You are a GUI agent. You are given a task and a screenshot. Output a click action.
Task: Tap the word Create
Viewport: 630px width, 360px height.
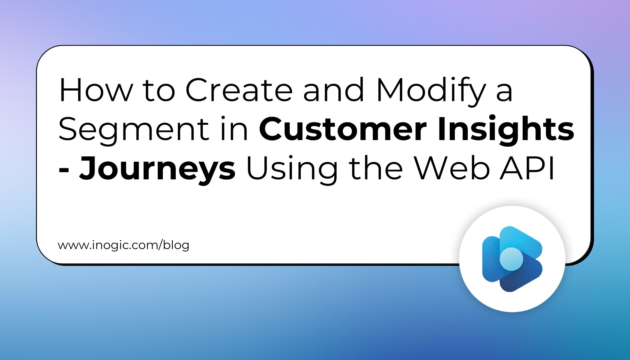pos(239,90)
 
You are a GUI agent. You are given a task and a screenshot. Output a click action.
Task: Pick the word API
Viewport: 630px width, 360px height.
pos(527,168)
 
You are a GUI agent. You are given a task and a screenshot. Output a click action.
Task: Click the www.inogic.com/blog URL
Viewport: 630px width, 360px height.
pos(123,245)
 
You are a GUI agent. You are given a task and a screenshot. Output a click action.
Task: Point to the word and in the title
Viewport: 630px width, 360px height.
pos(333,90)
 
